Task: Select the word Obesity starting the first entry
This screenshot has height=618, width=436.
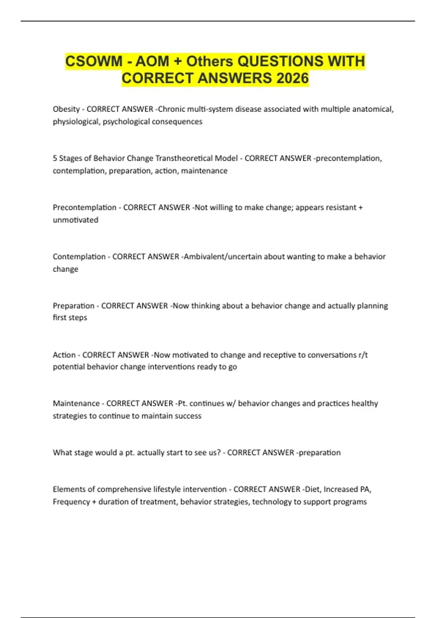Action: [x=66, y=109]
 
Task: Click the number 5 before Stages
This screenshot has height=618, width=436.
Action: [x=55, y=158]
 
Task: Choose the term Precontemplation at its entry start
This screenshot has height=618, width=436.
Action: [x=84, y=207]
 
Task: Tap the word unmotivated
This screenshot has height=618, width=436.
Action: [x=76, y=220]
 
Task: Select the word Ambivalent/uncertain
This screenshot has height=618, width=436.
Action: [x=223, y=257]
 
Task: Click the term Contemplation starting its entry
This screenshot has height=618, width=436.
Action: [x=79, y=257]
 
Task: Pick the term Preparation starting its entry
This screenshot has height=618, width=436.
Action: [x=73, y=306]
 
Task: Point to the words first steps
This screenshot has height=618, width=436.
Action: [x=70, y=317]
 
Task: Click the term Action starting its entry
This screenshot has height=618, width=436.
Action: [x=64, y=355]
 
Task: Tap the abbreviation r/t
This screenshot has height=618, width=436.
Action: [x=363, y=355]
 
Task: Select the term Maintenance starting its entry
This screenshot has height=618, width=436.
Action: [x=76, y=404]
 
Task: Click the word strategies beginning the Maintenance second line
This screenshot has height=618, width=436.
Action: [x=70, y=416]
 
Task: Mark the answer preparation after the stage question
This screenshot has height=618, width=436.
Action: [x=320, y=453]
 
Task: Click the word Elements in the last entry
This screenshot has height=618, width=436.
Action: [x=68, y=489]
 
